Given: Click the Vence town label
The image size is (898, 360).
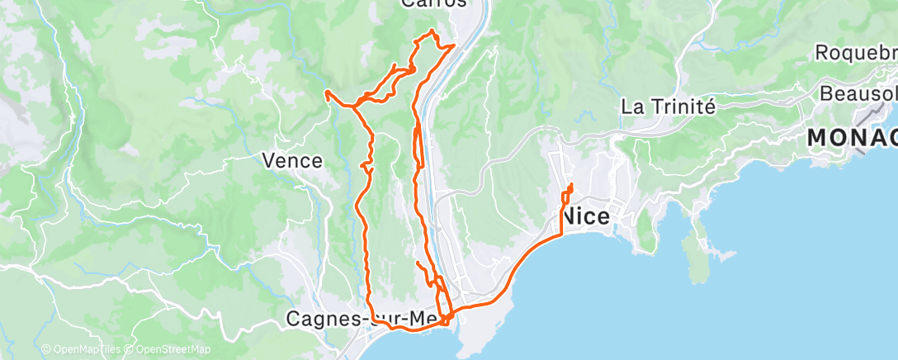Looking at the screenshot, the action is (292, 160).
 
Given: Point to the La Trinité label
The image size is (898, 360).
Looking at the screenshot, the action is (667, 107).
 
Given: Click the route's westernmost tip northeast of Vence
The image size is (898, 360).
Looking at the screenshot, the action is (328, 92).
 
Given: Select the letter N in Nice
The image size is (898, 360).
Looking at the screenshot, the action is (569, 217).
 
